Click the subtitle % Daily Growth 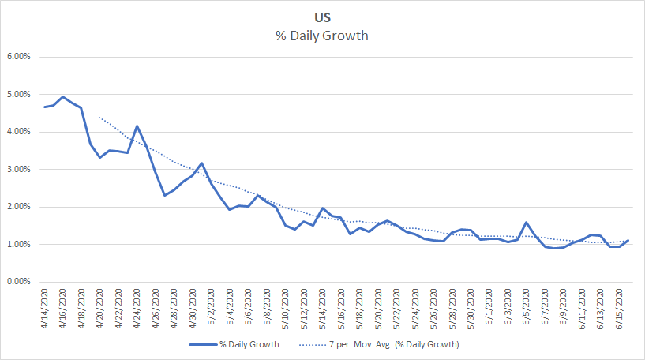(322, 35)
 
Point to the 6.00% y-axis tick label (18, 57)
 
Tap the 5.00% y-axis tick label (18, 95)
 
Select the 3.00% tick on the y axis (18, 170)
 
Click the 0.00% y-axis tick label (18, 282)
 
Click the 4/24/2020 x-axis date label (137, 309)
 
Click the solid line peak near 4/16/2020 (63, 97)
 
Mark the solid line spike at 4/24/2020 (137, 126)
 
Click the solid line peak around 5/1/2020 (202, 163)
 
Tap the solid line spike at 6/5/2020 (526, 223)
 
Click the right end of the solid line (628, 241)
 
